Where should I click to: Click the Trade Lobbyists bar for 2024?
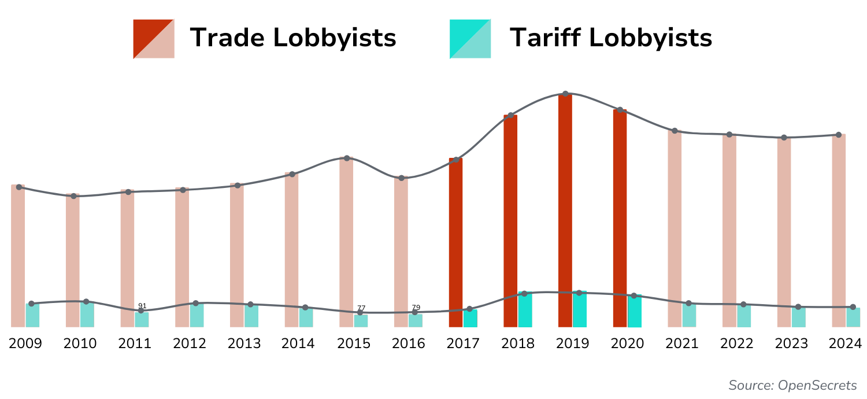coord(839,231)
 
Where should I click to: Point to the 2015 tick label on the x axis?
coord(354,343)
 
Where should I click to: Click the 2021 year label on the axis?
coord(682,343)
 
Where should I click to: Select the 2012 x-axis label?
coord(190,343)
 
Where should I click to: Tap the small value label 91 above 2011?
coord(142,306)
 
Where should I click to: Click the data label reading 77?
coord(361,308)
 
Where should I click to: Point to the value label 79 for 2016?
coord(416,308)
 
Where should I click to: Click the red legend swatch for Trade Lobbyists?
coord(153,39)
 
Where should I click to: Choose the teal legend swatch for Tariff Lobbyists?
coord(470,39)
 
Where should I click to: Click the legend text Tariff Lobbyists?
coord(610,38)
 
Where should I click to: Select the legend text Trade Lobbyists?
coord(293,38)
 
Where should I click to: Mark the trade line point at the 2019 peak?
coord(565,94)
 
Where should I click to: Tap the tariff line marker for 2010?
coord(86,301)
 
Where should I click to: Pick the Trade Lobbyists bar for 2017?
coord(455,243)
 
